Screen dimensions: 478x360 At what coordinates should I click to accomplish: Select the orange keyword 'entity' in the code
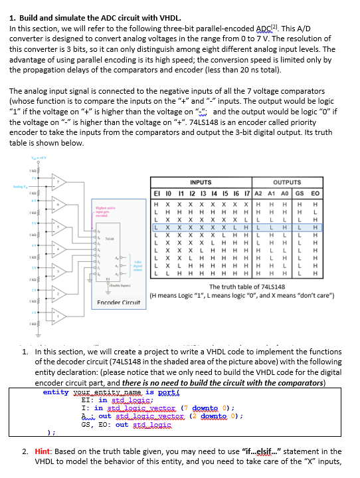pyautogui.click(x=56, y=392)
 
